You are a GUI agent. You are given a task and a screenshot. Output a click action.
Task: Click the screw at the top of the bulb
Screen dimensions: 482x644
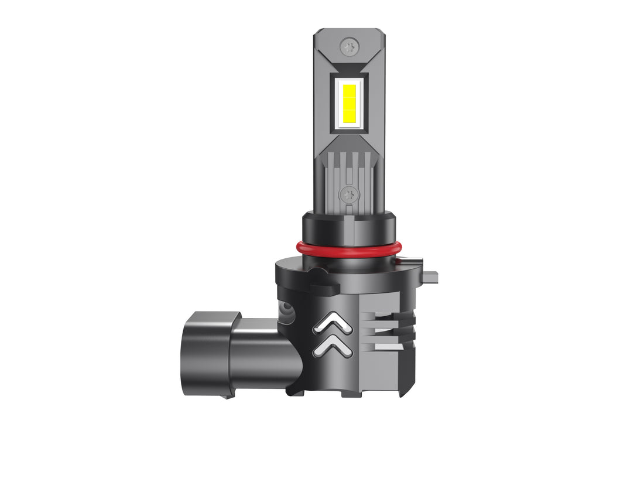click(351, 45)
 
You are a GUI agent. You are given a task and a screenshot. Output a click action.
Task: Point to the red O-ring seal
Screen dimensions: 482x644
click(351, 248)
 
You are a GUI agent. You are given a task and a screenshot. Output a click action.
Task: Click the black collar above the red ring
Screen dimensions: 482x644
click(351, 228)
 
